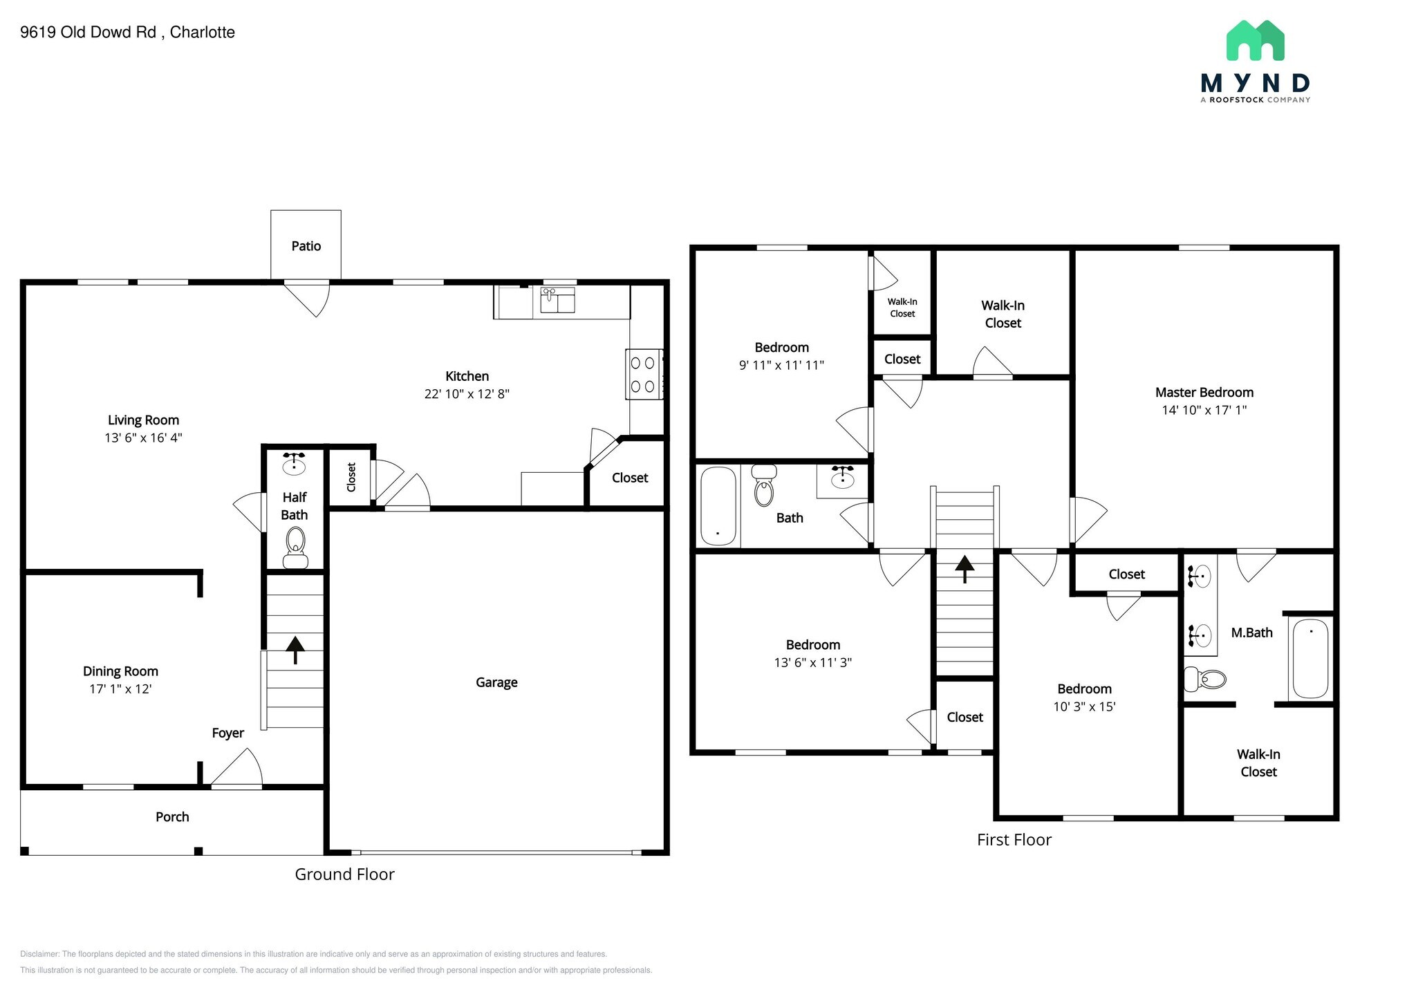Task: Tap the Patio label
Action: click(x=306, y=246)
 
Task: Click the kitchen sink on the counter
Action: click(x=557, y=301)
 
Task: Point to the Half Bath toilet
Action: click(x=296, y=548)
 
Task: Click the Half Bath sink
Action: click(x=295, y=463)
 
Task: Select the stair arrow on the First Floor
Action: click(x=965, y=569)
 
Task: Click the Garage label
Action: click(x=496, y=682)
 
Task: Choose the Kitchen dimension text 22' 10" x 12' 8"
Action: click(x=467, y=394)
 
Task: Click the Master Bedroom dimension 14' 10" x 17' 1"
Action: click(x=1204, y=410)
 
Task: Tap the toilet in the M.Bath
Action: click(x=1205, y=679)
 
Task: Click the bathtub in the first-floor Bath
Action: click(x=718, y=506)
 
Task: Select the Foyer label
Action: click(x=227, y=733)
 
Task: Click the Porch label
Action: click(x=172, y=817)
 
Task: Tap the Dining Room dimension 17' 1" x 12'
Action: click(x=120, y=689)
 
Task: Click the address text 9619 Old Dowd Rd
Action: click(x=88, y=32)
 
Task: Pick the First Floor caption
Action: click(x=1014, y=840)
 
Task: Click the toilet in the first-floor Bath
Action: click(x=764, y=485)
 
